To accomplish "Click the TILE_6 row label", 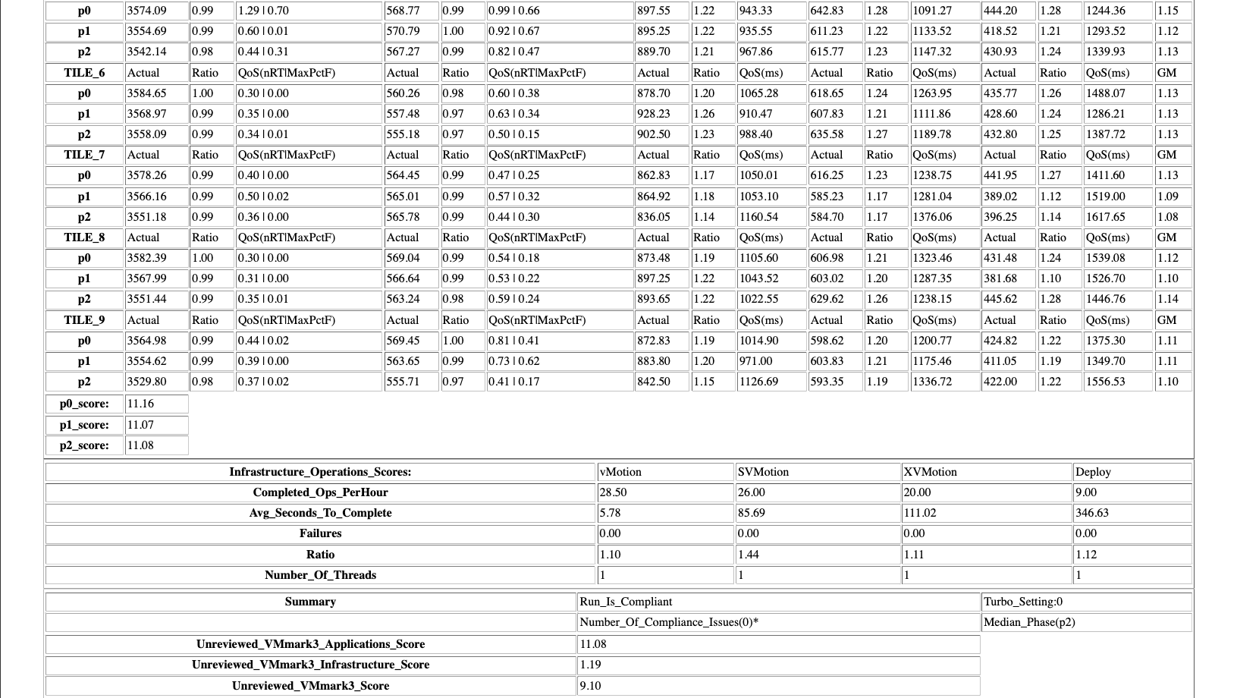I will click(x=84, y=73).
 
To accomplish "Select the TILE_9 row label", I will click(x=84, y=320).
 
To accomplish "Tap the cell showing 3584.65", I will click(x=147, y=93).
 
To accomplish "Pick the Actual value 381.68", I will click(x=1000, y=278).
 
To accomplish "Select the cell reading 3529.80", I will click(x=147, y=382).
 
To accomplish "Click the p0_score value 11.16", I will click(x=141, y=404).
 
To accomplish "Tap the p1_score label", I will click(x=84, y=425).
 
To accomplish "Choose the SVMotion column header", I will click(x=764, y=472).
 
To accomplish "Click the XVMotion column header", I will click(x=931, y=472).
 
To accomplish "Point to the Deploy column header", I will click(x=1093, y=472).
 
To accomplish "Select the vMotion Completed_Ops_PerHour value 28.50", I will click(x=614, y=492).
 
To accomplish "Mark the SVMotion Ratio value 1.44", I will click(x=749, y=555).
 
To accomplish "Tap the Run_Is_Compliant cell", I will click(x=626, y=602).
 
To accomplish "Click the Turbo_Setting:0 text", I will click(x=1023, y=602).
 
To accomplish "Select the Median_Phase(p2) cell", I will click(x=1029, y=622).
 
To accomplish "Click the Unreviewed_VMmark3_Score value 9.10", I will click(x=592, y=686).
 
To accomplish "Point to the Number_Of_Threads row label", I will click(x=320, y=575).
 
